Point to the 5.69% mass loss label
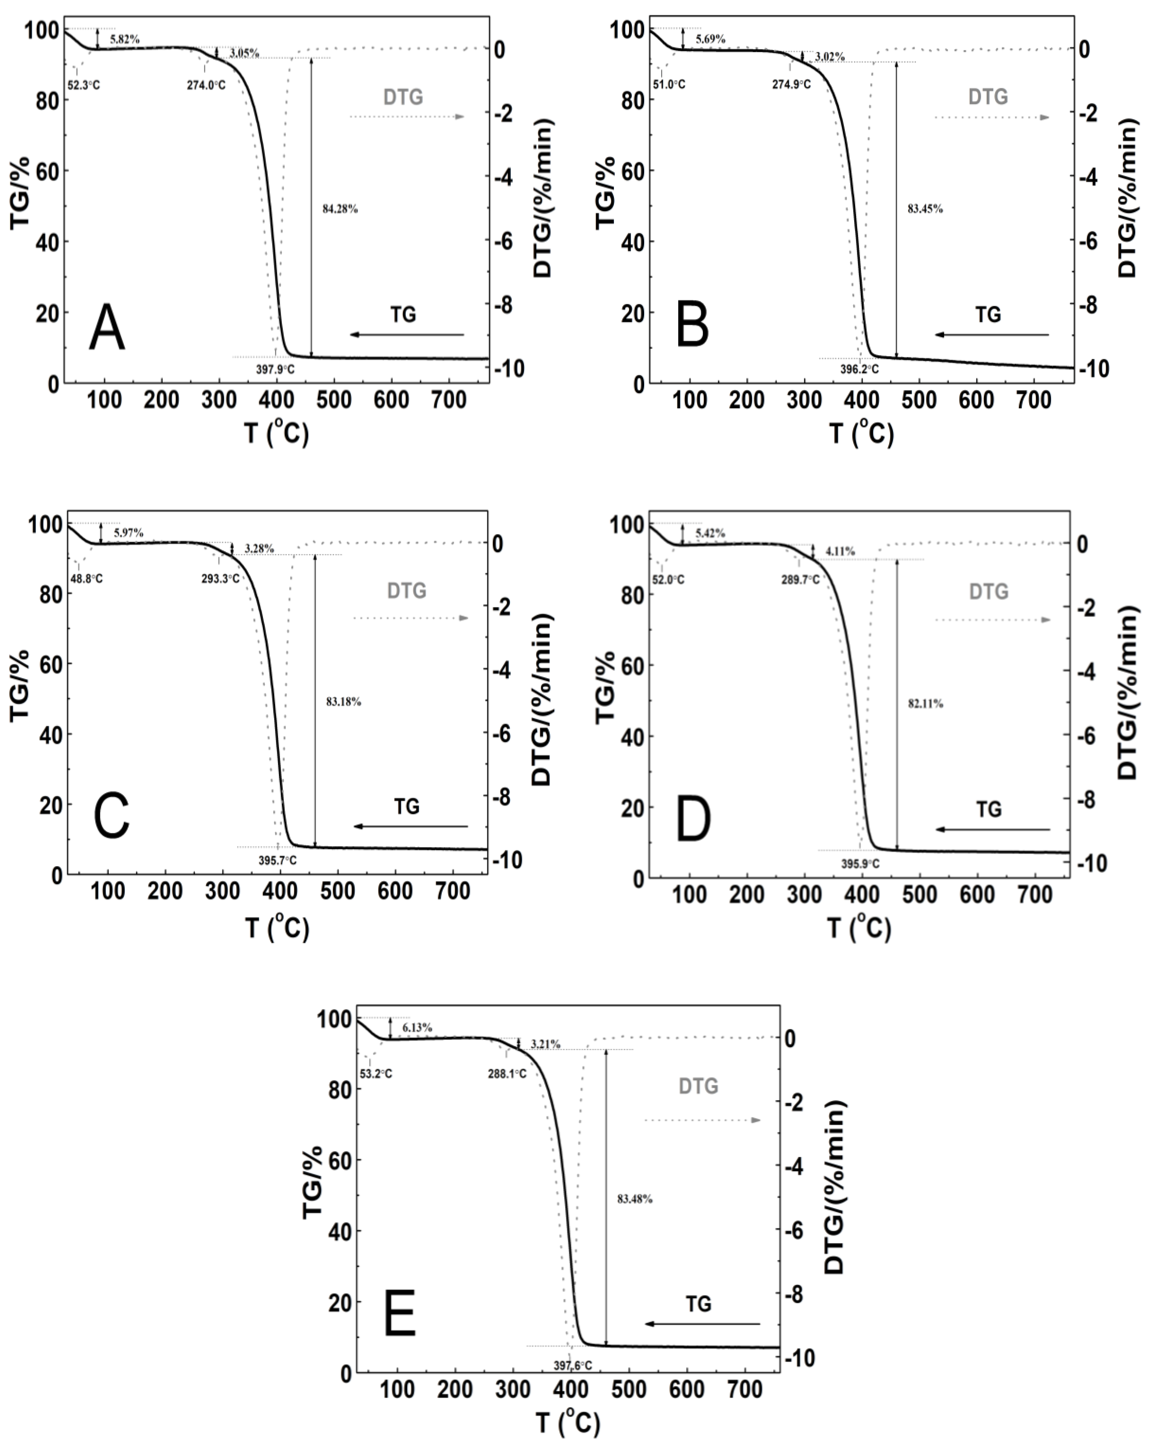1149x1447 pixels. pos(710,40)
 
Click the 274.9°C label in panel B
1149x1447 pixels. pos(792,85)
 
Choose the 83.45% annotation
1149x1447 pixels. pos(925,209)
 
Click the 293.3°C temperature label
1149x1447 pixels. pos(220,579)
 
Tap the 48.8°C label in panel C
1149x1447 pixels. pos(87,579)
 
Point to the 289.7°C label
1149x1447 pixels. pos(800,579)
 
